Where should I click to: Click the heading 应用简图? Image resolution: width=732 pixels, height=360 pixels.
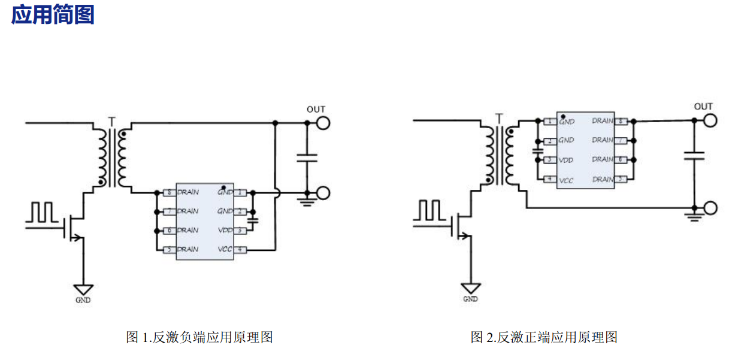(53, 14)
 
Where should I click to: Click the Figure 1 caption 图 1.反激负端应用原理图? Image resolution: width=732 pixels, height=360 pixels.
(199, 337)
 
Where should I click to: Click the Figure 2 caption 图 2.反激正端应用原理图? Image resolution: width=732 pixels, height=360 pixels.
(544, 337)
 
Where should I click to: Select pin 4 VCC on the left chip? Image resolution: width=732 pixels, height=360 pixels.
(240, 249)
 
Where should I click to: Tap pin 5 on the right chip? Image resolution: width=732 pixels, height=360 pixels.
(622, 179)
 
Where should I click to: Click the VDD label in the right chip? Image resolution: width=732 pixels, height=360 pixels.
(566, 161)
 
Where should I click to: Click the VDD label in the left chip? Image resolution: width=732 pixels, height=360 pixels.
(225, 230)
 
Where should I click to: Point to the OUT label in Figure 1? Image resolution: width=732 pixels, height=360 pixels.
(316, 109)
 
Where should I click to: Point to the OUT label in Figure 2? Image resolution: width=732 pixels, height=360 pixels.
(703, 107)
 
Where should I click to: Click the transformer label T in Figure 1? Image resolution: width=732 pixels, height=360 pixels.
(111, 122)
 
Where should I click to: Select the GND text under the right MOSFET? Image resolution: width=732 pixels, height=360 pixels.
(471, 298)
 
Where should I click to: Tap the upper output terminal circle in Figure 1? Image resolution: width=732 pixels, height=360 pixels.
(323, 123)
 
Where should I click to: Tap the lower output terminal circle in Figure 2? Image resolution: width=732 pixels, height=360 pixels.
(710, 208)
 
